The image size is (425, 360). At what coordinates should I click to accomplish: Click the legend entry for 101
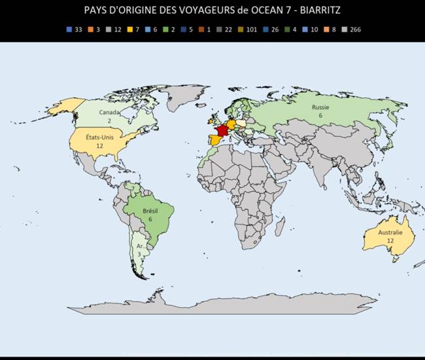click(248, 29)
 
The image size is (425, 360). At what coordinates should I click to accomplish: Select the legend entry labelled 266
click(351, 29)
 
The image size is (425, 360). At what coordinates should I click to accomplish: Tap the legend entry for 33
click(74, 29)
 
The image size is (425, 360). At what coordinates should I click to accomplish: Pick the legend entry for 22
click(226, 29)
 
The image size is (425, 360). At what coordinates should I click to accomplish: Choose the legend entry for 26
click(271, 29)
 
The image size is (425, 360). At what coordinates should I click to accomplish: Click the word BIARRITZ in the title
click(317, 10)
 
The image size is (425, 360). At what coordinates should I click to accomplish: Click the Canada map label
click(109, 112)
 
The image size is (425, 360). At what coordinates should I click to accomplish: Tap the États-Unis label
click(100, 137)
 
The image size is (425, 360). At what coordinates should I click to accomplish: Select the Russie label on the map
click(320, 107)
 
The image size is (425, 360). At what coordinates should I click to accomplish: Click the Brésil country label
click(150, 211)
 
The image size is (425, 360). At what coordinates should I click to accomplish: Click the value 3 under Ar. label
click(139, 254)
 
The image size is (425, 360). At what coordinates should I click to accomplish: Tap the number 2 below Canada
click(109, 121)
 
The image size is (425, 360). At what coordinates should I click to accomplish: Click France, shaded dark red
click(222, 130)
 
